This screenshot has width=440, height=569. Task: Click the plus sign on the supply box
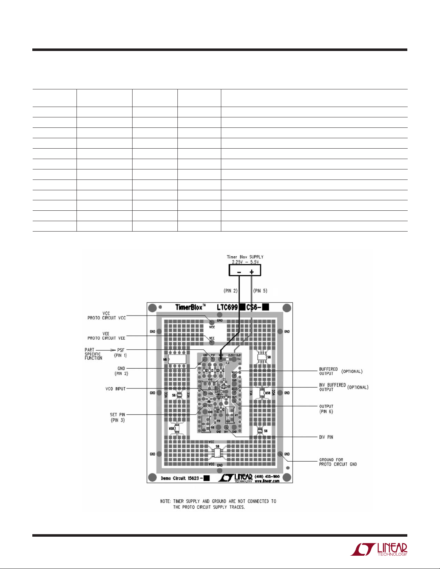(x=251, y=272)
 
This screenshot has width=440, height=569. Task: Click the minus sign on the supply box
(x=239, y=272)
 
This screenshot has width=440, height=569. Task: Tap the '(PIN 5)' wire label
(x=260, y=291)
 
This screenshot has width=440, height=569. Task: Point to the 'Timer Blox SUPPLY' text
(x=245, y=257)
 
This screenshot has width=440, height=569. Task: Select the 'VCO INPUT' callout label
(x=116, y=389)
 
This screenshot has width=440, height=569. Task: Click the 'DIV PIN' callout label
(x=326, y=437)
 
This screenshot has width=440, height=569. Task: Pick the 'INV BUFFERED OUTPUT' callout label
(x=332, y=387)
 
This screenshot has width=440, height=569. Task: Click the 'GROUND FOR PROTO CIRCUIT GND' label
(x=338, y=462)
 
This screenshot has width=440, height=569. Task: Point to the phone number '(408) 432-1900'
(x=267, y=476)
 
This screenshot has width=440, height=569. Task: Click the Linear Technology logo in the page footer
(x=379, y=549)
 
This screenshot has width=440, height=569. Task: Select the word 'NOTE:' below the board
(x=166, y=501)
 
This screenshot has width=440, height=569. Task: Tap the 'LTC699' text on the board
(x=227, y=307)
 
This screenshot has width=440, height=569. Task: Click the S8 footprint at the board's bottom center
(x=217, y=452)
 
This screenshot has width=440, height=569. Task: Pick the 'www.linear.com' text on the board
(x=267, y=481)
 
